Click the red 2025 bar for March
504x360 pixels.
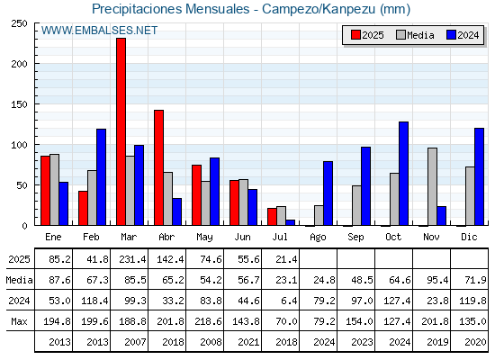[x=121, y=131]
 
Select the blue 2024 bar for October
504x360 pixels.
[x=404, y=173]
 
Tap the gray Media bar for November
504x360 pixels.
[x=432, y=186]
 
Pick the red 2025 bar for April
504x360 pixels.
[x=158, y=167]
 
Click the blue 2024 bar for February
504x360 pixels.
[x=101, y=177]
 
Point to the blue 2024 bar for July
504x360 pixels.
[x=290, y=222]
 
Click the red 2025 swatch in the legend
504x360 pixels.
[x=355, y=35]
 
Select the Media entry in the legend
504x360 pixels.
[x=415, y=35]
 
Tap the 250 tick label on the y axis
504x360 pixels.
[x=19, y=23]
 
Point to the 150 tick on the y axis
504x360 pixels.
[x=19, y=104]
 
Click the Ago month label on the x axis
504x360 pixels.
[x=318, y=238]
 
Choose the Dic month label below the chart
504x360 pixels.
[x=469, y=237]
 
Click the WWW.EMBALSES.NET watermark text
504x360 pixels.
[x=99, y=31]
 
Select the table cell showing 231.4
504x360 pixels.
[x=132, y=259]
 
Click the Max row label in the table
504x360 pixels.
[x=19, y=321]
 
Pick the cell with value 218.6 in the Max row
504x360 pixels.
[x=208, y=321]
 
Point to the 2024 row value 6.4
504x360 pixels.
[x=289, y=301]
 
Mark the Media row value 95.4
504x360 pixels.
[x=437, y=280]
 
